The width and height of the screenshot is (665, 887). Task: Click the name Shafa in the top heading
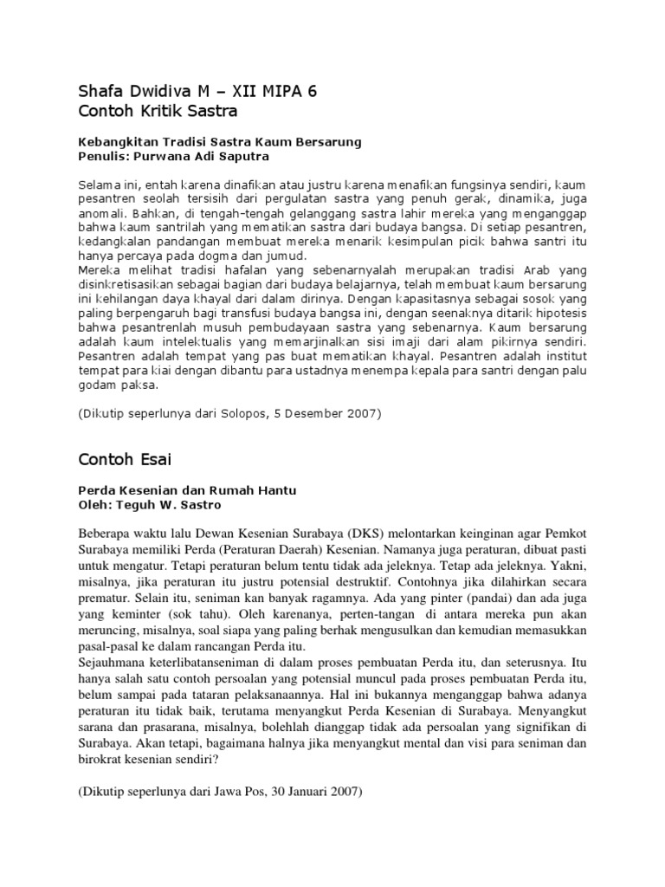coord(99,92)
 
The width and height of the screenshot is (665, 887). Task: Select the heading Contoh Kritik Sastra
coord(158,112)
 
